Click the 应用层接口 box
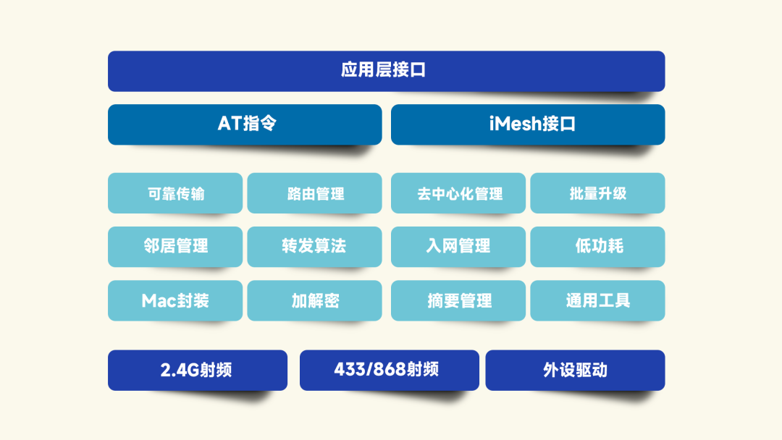click(386, 71)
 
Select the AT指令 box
click(245, 124)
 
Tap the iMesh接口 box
click(528, 124)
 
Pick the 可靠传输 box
click(175, 193)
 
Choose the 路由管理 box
click(315, 193)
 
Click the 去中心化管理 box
click(458, 193)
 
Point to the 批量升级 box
click(597, 193)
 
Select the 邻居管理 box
click(175, 247)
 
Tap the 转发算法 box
click(315, 247)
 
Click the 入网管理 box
click(458, 247)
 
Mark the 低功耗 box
click(597, 247)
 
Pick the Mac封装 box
click(175, 300)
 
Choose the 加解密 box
click(315, 300)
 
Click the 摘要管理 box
click(458, 300)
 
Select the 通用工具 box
click(597, 300)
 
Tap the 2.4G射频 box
click(198, 371)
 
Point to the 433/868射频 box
click(390, 371)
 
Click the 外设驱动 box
click(575, 371)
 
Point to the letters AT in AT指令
click(230, 124)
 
